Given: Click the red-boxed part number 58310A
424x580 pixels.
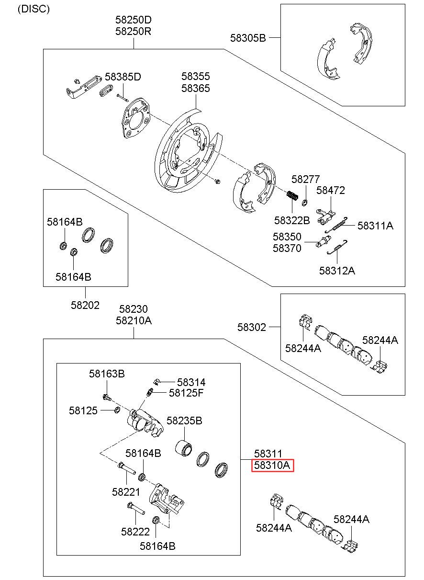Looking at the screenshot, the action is pos(272,466).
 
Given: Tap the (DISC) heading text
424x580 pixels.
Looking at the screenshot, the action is pos(33,9).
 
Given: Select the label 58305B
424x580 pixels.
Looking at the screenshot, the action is pos(248,38).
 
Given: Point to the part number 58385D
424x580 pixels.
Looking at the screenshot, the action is pos(123,77).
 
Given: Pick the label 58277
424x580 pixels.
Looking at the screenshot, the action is pos(305,179).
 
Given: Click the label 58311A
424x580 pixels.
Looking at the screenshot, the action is pos(375,226).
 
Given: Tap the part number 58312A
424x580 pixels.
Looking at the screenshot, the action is pos(337,271).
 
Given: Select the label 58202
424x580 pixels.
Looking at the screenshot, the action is pos(85,305).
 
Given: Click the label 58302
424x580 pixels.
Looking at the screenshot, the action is pos(251,327).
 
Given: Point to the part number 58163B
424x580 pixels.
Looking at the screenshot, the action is pos(107,374).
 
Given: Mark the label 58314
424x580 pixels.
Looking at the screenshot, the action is pos(191,382).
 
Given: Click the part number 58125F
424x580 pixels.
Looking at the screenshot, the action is pos(186,393).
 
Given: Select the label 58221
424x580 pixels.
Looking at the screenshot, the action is pos(126,492).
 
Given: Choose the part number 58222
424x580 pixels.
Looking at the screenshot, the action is pos(135,532).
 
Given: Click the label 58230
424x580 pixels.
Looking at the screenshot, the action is pos(133,309).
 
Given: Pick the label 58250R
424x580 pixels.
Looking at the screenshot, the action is pos(133,31).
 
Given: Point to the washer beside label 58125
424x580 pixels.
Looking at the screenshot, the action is pos(117,410).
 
